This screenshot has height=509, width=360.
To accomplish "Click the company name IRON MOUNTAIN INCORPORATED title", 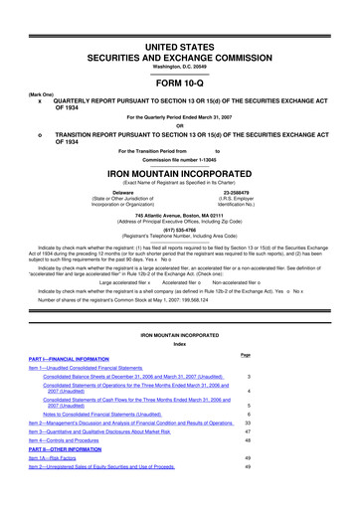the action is [180, 199].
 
